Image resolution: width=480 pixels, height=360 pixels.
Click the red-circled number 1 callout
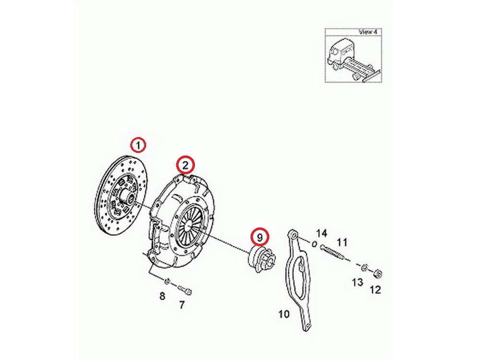click(x=138, y=145)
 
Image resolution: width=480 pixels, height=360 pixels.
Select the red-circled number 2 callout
click(x=185, y=165)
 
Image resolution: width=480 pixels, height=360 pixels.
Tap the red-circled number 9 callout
click(x=260, y=237)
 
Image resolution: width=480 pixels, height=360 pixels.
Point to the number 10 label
click(x=284, y=314)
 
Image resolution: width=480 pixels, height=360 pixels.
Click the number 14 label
click(x=322, y=233)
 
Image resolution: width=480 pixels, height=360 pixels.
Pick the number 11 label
click(x=342, y=242)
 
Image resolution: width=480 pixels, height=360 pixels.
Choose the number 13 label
click(x=357, y=282)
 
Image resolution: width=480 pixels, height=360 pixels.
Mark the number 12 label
click(x=375, y=289)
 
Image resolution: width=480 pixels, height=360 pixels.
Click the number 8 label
click(x=162, y=296)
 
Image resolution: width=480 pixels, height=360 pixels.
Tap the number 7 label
click(x=182, y=305)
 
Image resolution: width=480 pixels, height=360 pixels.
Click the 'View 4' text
click(x=368, y=32)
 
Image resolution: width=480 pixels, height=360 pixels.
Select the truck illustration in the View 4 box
click(x=353, y=60)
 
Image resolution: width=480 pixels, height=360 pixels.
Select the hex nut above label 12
click(x=378, y=273)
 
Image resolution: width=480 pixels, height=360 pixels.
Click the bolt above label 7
click(x=185, y=289)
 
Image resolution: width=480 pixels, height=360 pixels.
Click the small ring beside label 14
click(x=314, y=244)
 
